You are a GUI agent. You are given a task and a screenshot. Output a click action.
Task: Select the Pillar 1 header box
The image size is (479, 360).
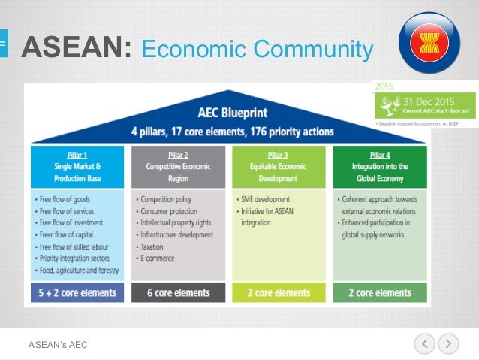click(x=77, y=166)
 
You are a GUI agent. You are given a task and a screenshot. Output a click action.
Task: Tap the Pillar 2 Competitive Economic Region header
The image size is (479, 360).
click(x=177, y=166)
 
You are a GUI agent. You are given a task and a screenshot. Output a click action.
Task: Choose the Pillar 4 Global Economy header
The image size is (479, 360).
click(x=379, y=166)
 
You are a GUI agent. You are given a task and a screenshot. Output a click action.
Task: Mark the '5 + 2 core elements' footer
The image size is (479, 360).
click(x=77, y=292)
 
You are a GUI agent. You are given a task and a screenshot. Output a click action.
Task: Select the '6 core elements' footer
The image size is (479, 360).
click(x=177, y=292)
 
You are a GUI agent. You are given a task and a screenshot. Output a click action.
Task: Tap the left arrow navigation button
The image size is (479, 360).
click(x=424, y=344)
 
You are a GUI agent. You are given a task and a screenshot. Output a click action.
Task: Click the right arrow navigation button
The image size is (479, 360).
click(x=447, y=344)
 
